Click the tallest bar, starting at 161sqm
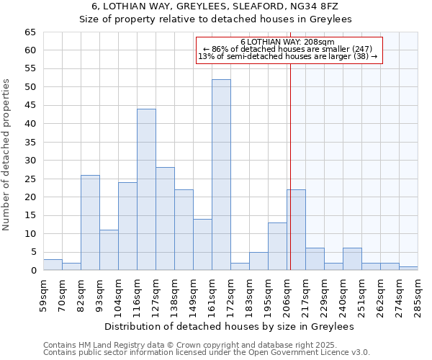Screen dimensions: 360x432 coord(221,175)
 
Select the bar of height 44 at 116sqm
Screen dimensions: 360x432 coord(146,189)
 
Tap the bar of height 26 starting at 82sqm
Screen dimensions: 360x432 coord(90,222)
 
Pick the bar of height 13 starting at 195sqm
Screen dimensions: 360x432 coord(277,246)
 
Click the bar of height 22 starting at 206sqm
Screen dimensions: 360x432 coord(296,230)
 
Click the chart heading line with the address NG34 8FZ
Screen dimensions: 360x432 coord(216,6)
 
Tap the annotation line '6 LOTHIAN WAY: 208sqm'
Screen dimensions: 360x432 coord(288,42)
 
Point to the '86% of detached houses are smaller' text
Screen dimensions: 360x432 coord(288,49)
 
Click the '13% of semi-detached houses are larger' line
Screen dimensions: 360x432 coord(288,56)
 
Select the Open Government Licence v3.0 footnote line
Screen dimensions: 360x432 coord(207,353)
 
